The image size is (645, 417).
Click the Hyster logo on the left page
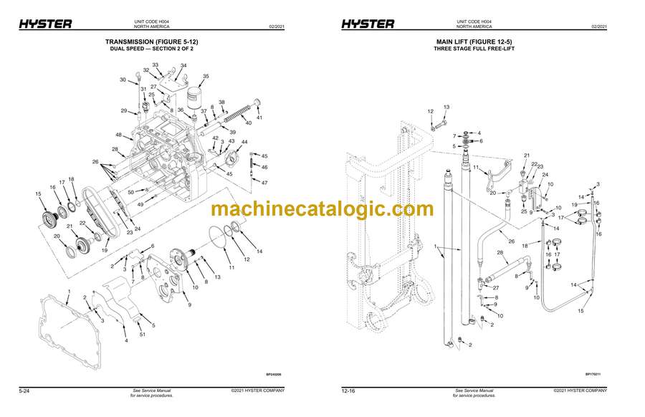(x=44, y=24)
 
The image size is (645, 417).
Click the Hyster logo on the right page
(x=367, y=24)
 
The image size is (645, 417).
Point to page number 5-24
(x=24, y=390)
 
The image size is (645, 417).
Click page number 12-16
(x=349, y=390)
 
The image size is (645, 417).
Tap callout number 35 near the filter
(x=206, y=76)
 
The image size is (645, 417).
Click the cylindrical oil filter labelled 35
(x=195, y=97)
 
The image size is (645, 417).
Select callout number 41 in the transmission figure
(x=259, y=118)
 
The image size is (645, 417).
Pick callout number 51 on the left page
(x=142, y=334)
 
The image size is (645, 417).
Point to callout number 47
(x=264, y=183)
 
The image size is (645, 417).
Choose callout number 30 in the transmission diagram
(x=123, y=80)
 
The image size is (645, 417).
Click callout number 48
(x=118, y=135)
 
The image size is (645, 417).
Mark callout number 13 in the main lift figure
(x=446, y=107)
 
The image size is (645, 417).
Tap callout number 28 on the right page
(x=500, y=253)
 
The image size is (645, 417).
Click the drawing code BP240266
(x=274, y=373)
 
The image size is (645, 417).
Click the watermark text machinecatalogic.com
(x=322, y=209)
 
